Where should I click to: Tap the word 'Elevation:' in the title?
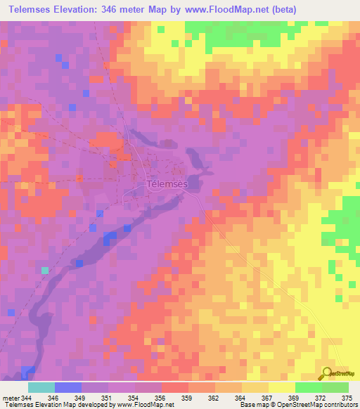click(x=86, y=9)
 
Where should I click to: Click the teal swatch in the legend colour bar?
click(x=41, y=388)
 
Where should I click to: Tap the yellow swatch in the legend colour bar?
click(x=281, y=388)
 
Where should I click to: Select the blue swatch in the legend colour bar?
click(x=68, y=388)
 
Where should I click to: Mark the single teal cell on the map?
click(x=45, y=270)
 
